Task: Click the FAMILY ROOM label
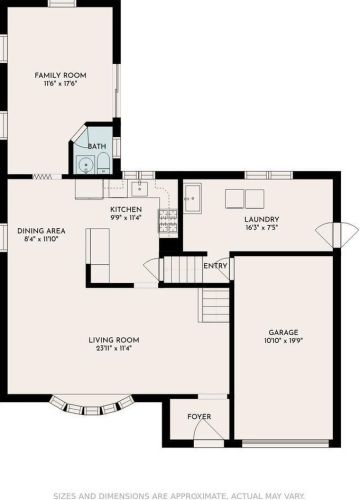pos(60,75)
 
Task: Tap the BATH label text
pos(97,146)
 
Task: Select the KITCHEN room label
pos(126,210)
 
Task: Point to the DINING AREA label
pos(41,231)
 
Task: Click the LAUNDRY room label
pos(262,220)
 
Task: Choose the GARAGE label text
pos(283,332)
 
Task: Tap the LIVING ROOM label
pos(114,340)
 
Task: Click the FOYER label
pos(199,417)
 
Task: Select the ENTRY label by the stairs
pos(215,266)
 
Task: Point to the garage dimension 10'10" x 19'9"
pos(283,341)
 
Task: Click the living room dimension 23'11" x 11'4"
pos(114,349)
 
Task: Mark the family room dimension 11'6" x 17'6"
pos(60,84)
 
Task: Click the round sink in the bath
pos(86,165)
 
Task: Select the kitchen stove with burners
pos(168,221)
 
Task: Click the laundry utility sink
pos(193,198)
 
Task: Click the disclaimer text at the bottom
pos(179,496)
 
